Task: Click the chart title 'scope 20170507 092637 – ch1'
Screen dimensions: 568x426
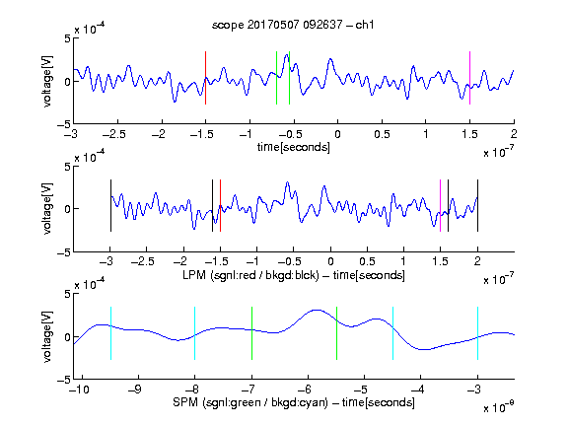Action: click(x=293, y=25)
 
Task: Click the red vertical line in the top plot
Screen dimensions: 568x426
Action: click(x=205, y=78)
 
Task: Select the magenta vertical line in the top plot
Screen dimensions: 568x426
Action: click(x=469, y=78)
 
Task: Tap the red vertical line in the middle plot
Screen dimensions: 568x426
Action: click(x=220, y=205)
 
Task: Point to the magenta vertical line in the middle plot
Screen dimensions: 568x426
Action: click(x=440, y=205)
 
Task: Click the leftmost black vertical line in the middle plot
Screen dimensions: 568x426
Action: click(x=110, y=205)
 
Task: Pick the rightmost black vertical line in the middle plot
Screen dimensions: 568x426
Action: click(x=477, y=205)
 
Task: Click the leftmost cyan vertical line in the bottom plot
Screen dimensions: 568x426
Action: click(x=110, y=333)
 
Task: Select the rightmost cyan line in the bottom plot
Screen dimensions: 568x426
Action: click(x=477, y=333)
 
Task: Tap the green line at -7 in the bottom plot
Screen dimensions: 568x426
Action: click(x=251, y=333)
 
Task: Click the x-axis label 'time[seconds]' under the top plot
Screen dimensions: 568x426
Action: click(x=294, y=147)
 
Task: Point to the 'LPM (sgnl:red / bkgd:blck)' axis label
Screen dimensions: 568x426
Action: click(x=250, y=275)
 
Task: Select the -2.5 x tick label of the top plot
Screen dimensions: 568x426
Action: click(x=113, y=134)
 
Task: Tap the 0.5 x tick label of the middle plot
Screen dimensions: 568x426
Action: click(x=367, y=261)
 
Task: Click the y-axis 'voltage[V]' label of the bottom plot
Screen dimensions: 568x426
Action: click(x=47, y=336)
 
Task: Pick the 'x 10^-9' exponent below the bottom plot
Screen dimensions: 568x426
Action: click(x=499, y=407)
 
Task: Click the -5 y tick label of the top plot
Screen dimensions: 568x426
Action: click(x=64, y=124)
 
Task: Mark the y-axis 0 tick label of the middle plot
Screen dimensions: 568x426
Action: click(x=67, y=209)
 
